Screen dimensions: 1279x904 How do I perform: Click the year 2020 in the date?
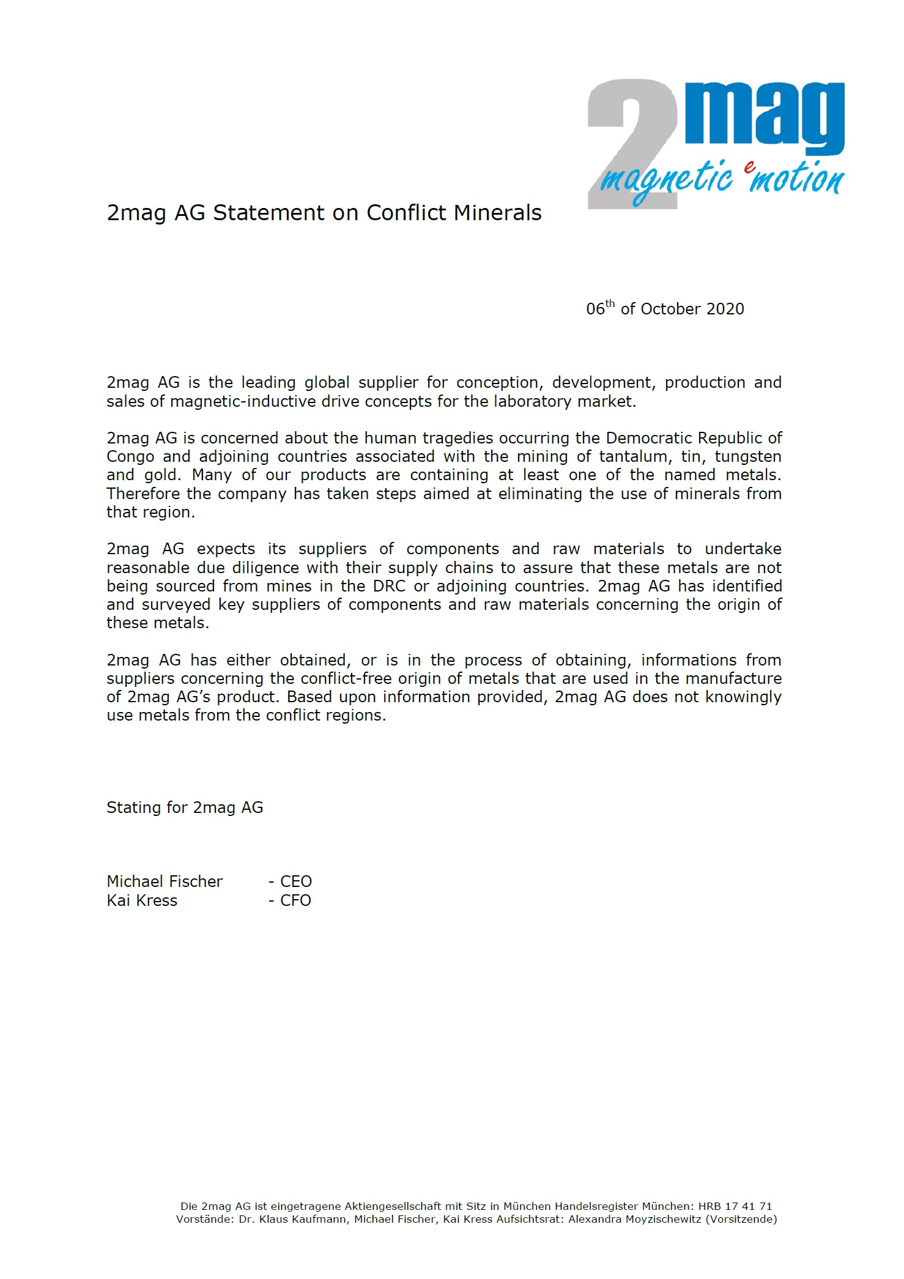(725, 309)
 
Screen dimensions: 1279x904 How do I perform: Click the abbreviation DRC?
(389, 586)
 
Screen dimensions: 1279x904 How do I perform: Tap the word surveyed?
(176, 604)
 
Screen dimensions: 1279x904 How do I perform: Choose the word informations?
(689, 660)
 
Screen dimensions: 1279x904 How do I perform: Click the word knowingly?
(743, 697)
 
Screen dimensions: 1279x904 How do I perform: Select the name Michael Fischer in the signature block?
(165, 881)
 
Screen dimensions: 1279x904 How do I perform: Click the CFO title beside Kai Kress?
(295, 900)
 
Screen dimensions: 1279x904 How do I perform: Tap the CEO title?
(296, 881)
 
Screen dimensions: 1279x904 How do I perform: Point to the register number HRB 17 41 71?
(735, 1206)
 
